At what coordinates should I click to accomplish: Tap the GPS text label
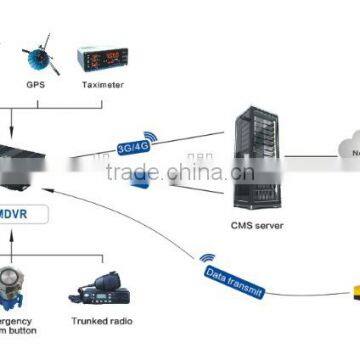point(36,86)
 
